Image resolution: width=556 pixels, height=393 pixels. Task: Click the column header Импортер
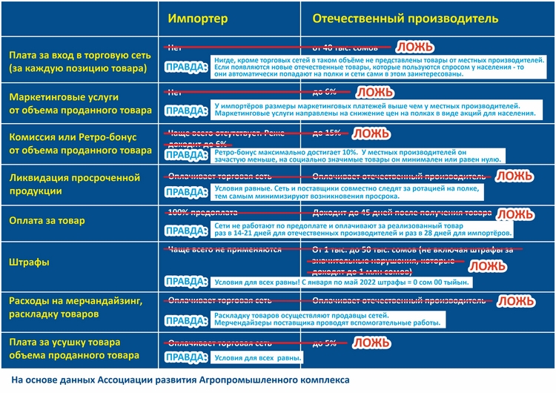(198, 17)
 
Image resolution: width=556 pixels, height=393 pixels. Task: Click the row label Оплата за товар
(47, 220)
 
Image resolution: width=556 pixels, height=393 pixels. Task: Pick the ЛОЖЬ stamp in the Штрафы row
(488, 265)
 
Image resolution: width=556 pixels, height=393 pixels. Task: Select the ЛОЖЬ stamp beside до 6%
(376, 93)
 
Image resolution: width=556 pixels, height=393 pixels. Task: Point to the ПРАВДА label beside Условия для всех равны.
(185, 357)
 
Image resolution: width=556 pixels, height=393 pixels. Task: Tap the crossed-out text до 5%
(325, 343)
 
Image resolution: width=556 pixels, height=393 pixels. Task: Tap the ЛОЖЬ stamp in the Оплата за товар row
(514, 214)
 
